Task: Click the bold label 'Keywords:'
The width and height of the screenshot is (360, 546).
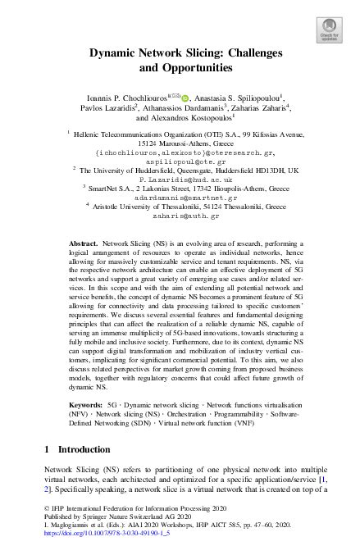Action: click(85, 405)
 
